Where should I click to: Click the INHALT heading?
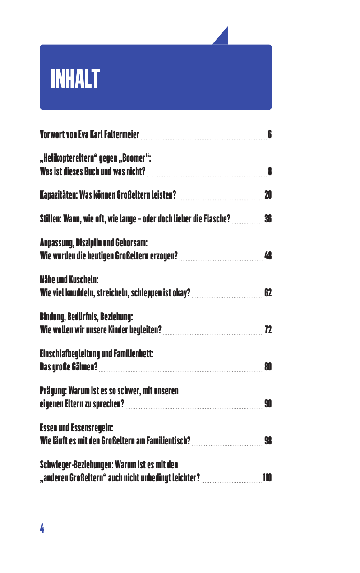pos(75,79)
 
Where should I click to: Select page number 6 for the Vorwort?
pos(269,134)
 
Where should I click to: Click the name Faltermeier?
pos(121,134)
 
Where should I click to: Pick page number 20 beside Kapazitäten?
pos(268,195)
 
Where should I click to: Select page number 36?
pos(268,220)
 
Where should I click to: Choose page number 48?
pos(268,257)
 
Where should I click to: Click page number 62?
pos(268,293)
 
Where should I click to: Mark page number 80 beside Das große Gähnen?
pos(268,366)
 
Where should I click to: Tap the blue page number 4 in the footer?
pos(42,528)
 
